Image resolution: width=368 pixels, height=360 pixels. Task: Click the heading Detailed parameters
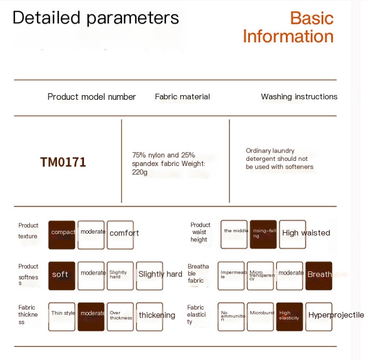tap(96, 18)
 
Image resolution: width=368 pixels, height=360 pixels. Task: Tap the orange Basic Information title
tap(288, 27)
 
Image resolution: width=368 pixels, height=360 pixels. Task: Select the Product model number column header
tap(91, 97)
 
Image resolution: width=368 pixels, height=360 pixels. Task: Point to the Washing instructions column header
tap(299, 97)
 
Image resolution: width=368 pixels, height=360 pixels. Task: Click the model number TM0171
tap(63, 162)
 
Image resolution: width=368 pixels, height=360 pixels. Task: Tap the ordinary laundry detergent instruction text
tap(279, 159)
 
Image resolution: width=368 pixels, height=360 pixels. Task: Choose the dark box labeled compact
tap(62, 235)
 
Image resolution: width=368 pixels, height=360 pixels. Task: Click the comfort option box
tap(120, 235)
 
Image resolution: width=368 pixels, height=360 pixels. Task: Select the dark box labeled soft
tap(62, 276)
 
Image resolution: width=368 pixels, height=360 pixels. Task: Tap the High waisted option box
tap(292, 234)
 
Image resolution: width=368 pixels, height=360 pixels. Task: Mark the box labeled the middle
tap(234, 234)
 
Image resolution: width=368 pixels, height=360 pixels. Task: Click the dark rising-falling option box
tap(264, 234)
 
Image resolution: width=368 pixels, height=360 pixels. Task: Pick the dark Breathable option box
tap(319, 276)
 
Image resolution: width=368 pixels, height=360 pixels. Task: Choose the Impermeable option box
tap(231, 276)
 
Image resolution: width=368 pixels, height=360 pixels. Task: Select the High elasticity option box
tap(290, 317)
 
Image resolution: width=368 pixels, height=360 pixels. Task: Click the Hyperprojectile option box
tap(319, 317)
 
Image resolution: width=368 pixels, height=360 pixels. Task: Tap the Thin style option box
tap(62, 317)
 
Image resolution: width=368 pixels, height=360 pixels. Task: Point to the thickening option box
tap(150, 317)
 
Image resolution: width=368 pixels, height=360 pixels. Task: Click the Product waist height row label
tap(200, 232)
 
